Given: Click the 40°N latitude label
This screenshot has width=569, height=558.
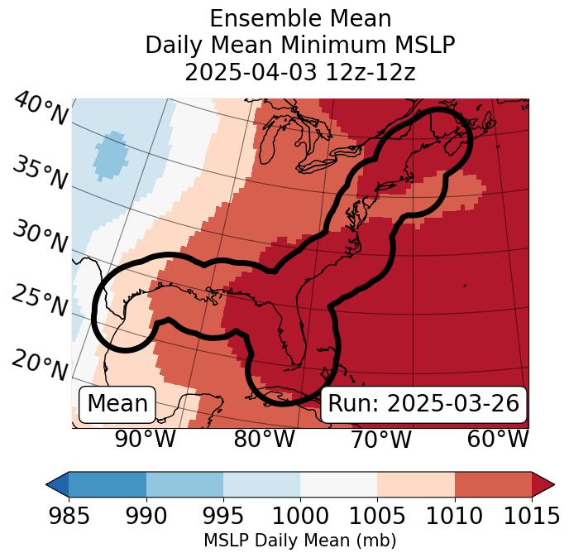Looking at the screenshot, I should pos(41,109).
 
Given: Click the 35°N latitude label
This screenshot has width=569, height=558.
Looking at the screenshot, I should pos(41,172).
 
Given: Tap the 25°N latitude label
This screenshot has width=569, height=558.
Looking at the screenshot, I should pos(41,301).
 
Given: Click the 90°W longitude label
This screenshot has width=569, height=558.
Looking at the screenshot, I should pos(145,439).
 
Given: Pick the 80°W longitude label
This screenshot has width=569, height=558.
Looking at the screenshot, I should pos(264,439).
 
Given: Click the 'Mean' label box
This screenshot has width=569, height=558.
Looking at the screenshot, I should pos(117,404).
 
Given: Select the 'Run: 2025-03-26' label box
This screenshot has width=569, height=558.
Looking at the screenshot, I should pos(423,404).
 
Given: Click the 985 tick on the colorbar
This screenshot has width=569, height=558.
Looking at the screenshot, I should pos(69,517).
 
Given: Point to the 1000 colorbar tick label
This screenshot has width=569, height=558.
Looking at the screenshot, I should pos(300,517).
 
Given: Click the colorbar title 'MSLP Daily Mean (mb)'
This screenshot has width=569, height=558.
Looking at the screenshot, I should pos(300,541).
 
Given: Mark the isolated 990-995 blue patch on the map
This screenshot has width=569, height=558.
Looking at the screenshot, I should pos(110,155).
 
